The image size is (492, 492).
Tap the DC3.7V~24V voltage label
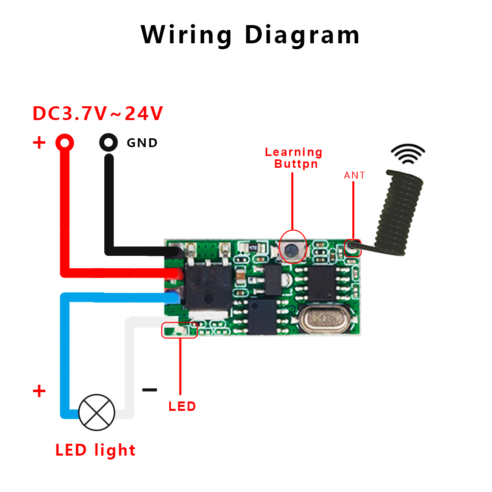[x=97, y=114]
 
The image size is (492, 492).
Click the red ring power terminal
[x=65, y=143]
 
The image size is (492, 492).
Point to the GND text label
[x=142, y=143]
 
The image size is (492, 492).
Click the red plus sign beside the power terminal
[x=39, y=143]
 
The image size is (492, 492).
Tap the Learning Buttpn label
[x=294, y=158]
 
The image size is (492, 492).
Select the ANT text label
[x=354, y=176]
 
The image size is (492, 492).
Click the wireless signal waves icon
[x=408, y=154]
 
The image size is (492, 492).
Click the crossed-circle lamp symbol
[x=97, y=412]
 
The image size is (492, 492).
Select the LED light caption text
[x=95, y=450]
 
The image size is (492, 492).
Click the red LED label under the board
[x=182, y=406]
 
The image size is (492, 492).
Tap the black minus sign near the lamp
[x=150, y=390]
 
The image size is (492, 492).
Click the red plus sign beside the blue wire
[x=39, y=392]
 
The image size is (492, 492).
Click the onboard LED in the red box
[x=180, y=330]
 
